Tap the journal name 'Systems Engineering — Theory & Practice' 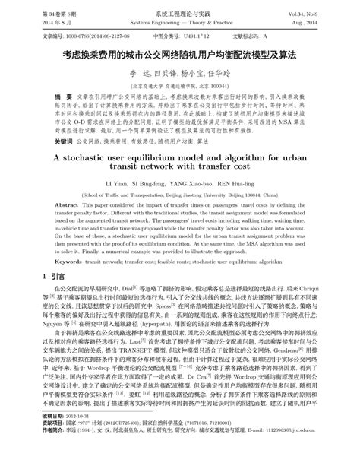pyautogui.click(x=180, y=24)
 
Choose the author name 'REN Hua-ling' pyautogui.click(x=253, y=185)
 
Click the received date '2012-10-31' pyautogui.click(x=81, y=437)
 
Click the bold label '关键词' pyautogui.click(x=47, y=141)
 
